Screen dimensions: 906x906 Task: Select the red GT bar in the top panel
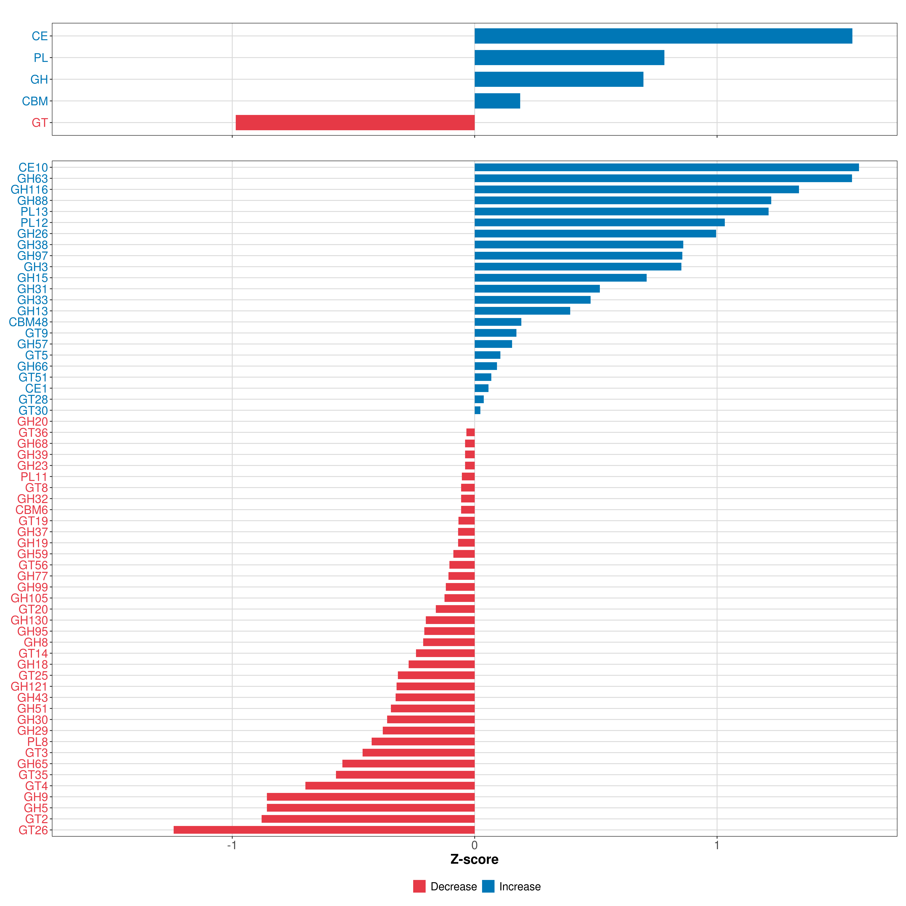click(x=355, y=122)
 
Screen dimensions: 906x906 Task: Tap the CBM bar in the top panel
click(x=497, y=101)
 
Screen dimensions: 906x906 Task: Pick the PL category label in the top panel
click(x=41, y=58)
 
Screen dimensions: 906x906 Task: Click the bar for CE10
click(x=667, y=167)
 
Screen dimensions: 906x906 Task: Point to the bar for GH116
click(x=637, y=190)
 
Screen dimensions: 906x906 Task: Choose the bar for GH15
click(x=560, y=278)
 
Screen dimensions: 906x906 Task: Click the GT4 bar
click(x=390, y=785)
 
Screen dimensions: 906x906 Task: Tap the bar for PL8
click(x=423, y=741)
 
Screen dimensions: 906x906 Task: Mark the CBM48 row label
click(x=29, y=322)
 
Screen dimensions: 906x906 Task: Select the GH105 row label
click(x=30, y=598)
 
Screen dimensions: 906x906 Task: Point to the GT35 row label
click(x=33, y=775)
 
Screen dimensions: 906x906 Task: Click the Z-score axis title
click(x=475, y=859)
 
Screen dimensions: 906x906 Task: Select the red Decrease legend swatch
click(x=419, y=886)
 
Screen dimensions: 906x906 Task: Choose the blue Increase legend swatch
click(x=488, y=886)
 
